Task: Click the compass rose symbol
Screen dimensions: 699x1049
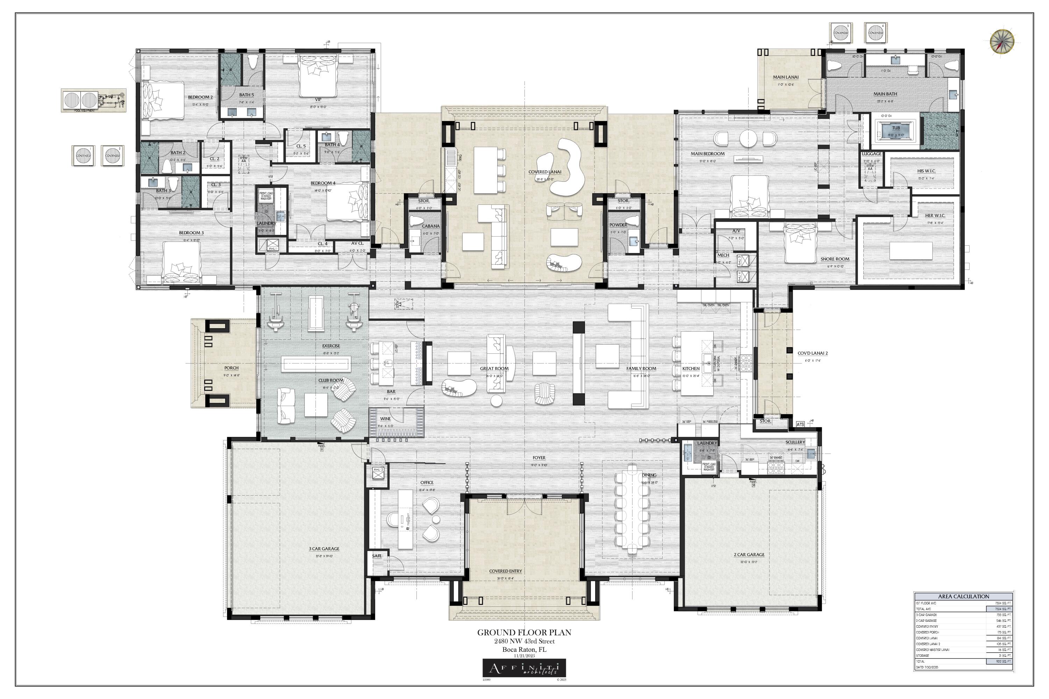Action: coord(1002,42)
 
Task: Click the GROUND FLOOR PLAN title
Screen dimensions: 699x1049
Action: coord(524,632)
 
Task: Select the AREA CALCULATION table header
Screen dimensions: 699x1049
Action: coord(963,596)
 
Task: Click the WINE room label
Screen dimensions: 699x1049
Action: coord(385,419)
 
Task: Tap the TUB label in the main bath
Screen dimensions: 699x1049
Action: coord(895,128)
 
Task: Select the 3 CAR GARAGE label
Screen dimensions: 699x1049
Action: coord(324,549)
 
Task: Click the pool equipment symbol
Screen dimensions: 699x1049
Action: coord(93,100)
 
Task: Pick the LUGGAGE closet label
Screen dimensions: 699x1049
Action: coord(871,154)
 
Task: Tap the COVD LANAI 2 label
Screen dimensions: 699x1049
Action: coord(813,353)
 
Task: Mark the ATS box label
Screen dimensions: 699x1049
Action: coord(800,424)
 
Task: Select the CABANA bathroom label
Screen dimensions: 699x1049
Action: coord(430,226)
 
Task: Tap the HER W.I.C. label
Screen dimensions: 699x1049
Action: coord(935,216)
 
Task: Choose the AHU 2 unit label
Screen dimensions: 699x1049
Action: coord(378,470)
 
